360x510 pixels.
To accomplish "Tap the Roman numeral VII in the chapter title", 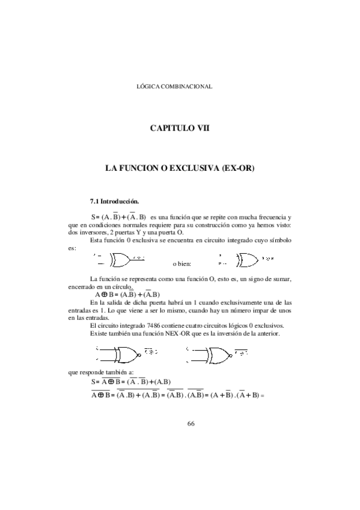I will click(199, 128).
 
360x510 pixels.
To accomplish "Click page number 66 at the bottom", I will click(191, 423).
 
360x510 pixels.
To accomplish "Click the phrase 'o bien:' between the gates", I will click(183, 263).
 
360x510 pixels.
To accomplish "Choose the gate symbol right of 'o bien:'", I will click(243, 260).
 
